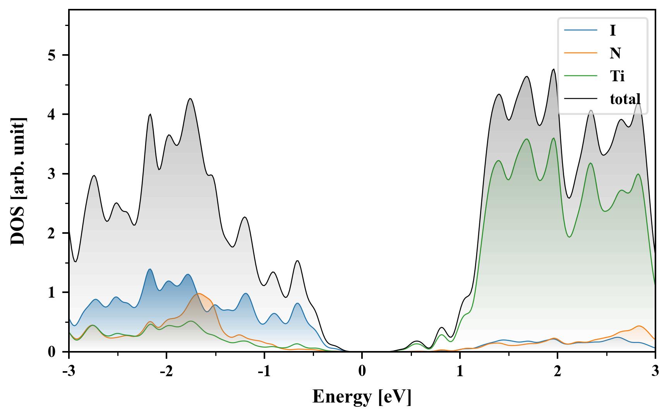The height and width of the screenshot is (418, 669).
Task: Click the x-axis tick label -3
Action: point(69,371)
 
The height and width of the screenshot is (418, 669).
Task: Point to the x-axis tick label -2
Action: point(166,371)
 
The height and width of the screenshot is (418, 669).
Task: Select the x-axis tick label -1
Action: point(264,371)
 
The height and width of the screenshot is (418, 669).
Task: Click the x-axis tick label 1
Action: point(460,371)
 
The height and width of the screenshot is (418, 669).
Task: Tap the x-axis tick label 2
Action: point(557,371)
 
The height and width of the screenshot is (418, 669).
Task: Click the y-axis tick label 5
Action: point(52,55)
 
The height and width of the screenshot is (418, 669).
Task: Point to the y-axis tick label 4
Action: point(52,115)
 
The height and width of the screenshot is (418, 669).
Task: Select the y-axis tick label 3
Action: point(52,174)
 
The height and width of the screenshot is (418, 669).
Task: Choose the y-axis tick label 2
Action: point(52,233)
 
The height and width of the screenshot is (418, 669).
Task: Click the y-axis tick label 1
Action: point(52,293)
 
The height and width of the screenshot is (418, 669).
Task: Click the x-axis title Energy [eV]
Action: point(362,397)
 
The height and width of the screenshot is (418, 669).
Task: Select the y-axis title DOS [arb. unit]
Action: point(18,181)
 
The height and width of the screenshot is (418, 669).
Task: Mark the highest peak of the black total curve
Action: point(554,69)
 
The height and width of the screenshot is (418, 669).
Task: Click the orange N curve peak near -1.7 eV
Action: point(199,293)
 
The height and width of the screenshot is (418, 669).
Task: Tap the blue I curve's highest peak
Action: point(150,269)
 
